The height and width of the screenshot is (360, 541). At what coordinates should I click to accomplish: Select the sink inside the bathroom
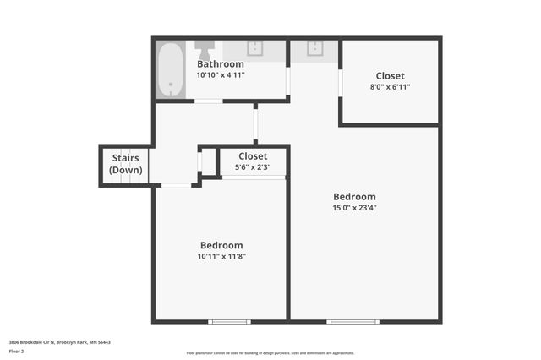coord(255,48)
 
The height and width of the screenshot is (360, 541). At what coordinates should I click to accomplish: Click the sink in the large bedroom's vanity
coord(314,48)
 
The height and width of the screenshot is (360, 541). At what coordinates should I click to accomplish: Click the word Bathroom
coord(221,64)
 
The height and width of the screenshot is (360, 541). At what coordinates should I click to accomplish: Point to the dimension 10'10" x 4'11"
coord(221,75)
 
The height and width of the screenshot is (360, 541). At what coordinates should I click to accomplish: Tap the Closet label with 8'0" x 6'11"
coord(390,76)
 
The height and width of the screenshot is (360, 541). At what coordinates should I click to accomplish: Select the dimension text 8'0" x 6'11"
coord(390,86)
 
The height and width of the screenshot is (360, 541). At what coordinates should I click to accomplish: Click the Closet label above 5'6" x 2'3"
coord(253,156)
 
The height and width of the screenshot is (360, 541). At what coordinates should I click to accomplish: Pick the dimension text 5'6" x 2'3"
coord(253,166)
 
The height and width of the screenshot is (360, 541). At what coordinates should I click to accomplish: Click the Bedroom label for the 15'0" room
coord(354,197)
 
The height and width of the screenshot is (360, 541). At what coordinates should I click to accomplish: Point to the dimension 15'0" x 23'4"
coord(354,207)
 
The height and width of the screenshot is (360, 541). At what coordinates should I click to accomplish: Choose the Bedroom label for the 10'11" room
coord(221,245)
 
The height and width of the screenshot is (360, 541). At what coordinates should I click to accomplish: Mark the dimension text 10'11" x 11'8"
coord(221,256)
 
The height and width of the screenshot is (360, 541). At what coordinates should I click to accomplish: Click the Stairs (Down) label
coord(126,164)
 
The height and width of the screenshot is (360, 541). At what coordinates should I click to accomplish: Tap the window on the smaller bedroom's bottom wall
coord(230,321)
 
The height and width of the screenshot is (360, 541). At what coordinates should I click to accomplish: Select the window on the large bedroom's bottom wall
coord(353,321)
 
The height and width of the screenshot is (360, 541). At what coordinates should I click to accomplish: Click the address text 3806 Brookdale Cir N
coord(59,342)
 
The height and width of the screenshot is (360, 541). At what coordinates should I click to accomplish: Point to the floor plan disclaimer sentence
coord(270,353)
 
